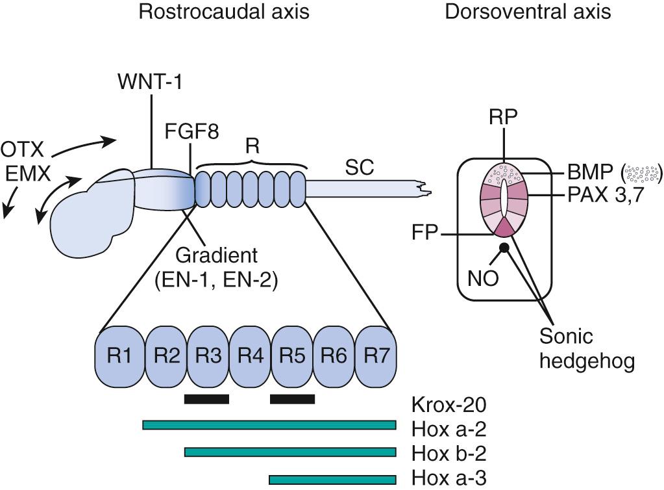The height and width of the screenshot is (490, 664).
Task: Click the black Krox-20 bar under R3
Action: (206, 398)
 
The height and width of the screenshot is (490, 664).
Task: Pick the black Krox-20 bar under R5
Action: (292, 398)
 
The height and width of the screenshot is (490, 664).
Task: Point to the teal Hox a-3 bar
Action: (332, 480)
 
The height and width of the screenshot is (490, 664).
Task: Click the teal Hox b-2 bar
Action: (290, 452)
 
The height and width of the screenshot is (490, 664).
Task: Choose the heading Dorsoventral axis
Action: (528, 12)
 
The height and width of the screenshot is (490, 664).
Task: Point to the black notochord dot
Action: (503, 248)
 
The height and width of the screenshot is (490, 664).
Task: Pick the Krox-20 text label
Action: (449, 405)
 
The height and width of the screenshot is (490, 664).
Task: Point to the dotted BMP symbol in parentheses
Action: (641, 174)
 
